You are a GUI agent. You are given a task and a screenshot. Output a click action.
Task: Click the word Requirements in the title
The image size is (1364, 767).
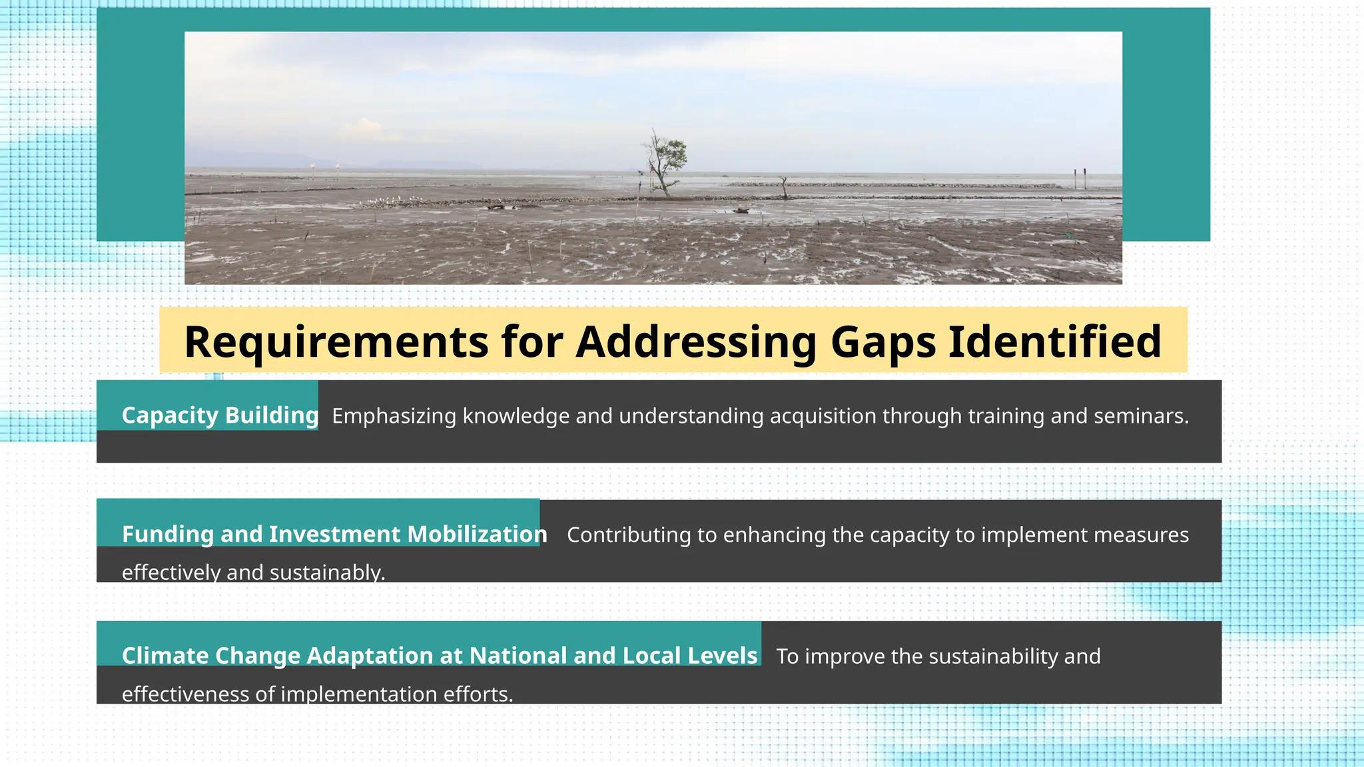pyautogui.click(x=336, y=342)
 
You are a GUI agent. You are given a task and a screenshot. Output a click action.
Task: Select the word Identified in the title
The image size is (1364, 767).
pyautogui.click(x=1055, y=342)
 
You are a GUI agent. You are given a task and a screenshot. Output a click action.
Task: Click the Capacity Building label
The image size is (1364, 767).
pyautogui.click(x=220, y=415)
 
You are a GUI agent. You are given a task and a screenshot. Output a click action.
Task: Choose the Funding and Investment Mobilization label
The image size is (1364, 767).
pyautogui.click(x=334, y=534)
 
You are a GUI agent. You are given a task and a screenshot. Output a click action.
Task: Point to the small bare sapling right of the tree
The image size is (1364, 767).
pyautogui.click(x=784, y=187)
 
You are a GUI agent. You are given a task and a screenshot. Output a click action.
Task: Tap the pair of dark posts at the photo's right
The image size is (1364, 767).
pyautogui.click(x=1080, y=178)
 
